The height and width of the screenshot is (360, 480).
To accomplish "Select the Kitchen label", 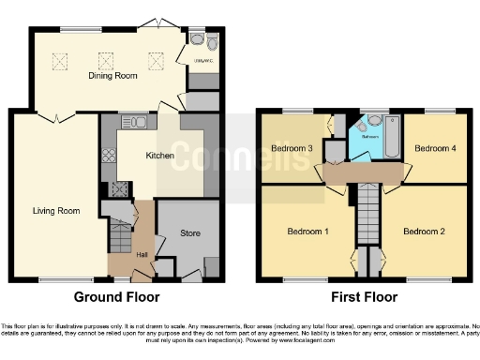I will coord(159,157).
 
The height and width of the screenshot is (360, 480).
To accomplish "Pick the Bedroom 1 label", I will coord(307,232).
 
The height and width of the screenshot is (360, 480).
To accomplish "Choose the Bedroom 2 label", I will coord(423,232).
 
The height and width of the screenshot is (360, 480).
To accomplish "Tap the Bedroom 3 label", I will coord(292,148).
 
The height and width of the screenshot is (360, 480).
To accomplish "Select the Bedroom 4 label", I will coord(434,148).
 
